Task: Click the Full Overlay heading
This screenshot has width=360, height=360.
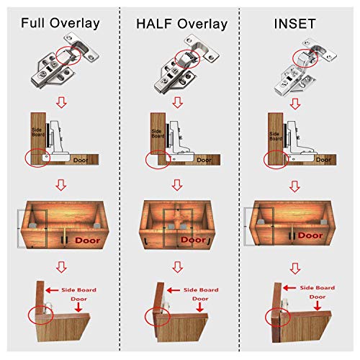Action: [x=60, y=23]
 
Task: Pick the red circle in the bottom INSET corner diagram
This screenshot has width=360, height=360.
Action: [x=275, y=317]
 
